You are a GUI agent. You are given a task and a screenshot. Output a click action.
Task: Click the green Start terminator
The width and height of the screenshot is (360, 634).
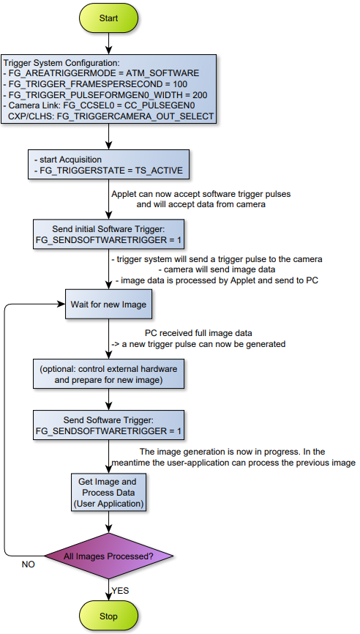click(109, 18)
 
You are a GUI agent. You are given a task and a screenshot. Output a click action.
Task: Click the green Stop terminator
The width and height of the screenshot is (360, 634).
click(109, 616)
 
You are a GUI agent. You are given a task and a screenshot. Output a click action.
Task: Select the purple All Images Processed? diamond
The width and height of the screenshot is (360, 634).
click(109, 556)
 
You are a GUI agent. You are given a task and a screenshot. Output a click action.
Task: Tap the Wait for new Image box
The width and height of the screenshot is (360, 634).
click(109, 305)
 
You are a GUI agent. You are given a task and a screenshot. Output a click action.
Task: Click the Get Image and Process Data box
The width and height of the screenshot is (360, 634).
click(109, 493)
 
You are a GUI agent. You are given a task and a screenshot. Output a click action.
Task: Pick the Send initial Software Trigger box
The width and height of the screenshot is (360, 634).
click(109, 234)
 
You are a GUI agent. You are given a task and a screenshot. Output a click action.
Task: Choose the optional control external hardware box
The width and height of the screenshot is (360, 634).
click(109, 375)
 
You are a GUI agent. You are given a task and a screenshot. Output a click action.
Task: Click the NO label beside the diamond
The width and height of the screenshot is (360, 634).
click(28, 564)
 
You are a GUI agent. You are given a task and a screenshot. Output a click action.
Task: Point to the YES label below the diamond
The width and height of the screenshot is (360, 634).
click(120, 591)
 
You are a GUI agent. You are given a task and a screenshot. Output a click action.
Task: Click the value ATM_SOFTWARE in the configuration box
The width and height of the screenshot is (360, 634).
click(165, 74)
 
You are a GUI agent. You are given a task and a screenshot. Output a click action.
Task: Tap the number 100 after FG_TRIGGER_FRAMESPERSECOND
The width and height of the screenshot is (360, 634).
click(181, 84)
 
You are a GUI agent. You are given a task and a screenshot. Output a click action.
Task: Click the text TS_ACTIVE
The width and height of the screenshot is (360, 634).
click(160, 171)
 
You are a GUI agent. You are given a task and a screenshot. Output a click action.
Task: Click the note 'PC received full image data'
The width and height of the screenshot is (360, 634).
click(198, 334)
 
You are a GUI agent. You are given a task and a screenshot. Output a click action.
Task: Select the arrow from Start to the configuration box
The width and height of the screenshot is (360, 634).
click(109, 44)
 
